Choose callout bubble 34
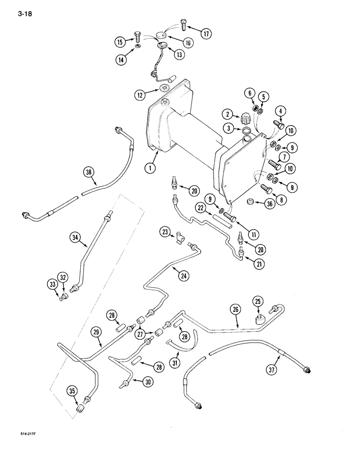click(x=75, y=238)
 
